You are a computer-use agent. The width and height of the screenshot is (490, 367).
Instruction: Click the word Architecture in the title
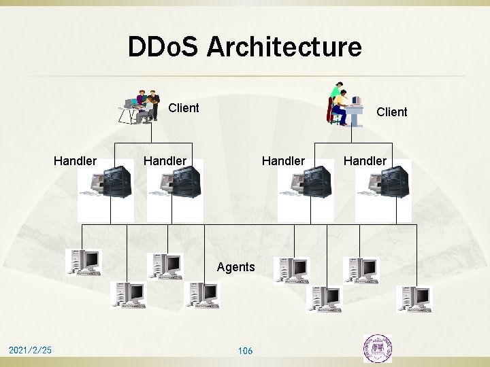pos(284,48)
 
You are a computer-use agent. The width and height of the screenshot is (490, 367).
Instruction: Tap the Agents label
pos(235,267)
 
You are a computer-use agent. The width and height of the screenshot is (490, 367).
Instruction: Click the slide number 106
pos(245,351)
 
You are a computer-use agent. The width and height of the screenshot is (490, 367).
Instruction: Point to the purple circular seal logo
pos(377,347)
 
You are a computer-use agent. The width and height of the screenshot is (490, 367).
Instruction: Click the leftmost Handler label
pos(75,160)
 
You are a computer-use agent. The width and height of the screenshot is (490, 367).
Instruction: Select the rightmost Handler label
pos(365,160)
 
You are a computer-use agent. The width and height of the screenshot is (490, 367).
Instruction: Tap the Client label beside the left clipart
pos(184,107)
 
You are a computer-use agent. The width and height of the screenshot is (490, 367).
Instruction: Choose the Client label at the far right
pos(392,111)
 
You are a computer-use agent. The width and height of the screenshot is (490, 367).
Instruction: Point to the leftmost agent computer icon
pos(83,262)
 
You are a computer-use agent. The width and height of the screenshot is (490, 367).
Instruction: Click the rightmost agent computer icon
pos(414,297)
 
